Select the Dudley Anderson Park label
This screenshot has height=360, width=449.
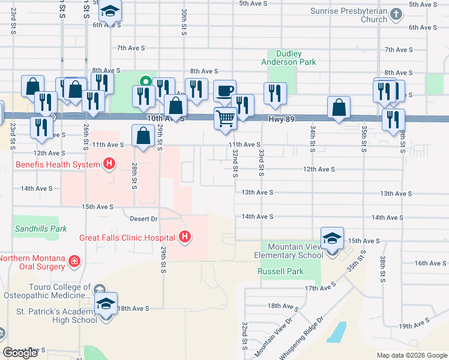tap(287, 58)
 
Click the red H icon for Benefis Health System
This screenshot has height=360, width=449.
tap(109, 163)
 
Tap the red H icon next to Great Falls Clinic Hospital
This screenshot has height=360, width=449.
tap(185, 238)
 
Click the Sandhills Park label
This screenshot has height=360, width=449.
tap(41, 229)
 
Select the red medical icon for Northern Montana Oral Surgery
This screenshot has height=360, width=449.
tap(74, 261)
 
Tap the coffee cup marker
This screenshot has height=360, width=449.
tap(225, 91)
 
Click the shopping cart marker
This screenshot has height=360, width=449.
tap(225, 118)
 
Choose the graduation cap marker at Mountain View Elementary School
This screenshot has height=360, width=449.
tap(332, 239)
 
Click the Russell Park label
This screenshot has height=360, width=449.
tap(280, 271)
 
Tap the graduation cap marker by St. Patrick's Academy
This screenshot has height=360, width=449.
tap(106, 304)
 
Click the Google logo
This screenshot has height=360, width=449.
tap(20, 353)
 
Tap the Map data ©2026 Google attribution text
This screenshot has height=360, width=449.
tap(411, 355)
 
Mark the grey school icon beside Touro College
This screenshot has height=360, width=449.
tap(98, 290)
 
